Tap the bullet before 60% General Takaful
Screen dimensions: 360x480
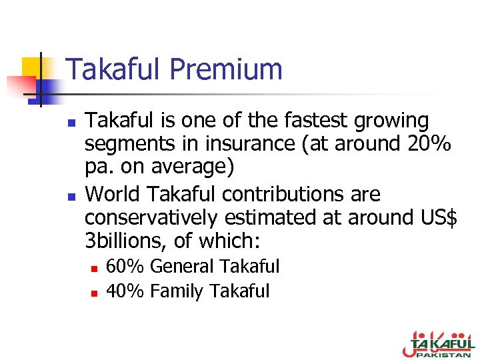point(95,268)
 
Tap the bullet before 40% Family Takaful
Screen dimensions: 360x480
point(95,292)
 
